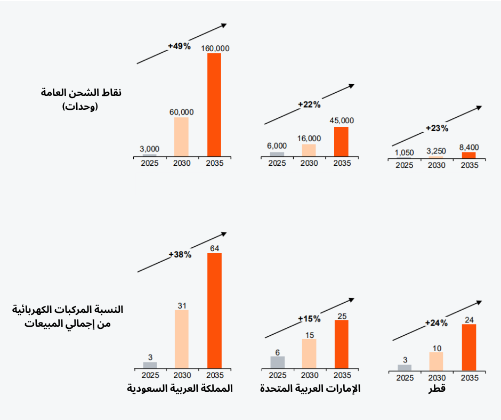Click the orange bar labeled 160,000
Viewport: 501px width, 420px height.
(x=214, y=105)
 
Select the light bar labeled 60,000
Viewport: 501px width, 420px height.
(x=181, y=137)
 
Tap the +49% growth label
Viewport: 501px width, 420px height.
(x=179, y=46)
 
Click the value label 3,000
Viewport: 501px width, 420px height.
(x=150, y=149)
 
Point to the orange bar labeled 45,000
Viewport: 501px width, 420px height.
(x=341, y=142)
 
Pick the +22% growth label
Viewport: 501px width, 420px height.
(x=309, y=104)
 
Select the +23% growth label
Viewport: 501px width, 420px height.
(x=437, y=128)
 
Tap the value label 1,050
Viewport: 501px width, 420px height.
(x=405, y=152)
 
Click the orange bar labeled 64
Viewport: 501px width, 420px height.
(x=214, y=311)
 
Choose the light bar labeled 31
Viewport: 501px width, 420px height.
(x=181, y=339)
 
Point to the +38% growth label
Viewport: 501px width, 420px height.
(x=180, y=255)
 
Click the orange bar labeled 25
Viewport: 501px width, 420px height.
(x=341, y=344)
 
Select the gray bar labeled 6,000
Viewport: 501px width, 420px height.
(x=277, y=154)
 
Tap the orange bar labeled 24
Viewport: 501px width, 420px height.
(x=469, y=347)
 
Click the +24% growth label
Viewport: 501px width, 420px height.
(x=437, y=322)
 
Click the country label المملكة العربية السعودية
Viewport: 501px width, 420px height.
(x=181, y=388)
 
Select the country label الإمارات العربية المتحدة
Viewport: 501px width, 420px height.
(x=310, y=389)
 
